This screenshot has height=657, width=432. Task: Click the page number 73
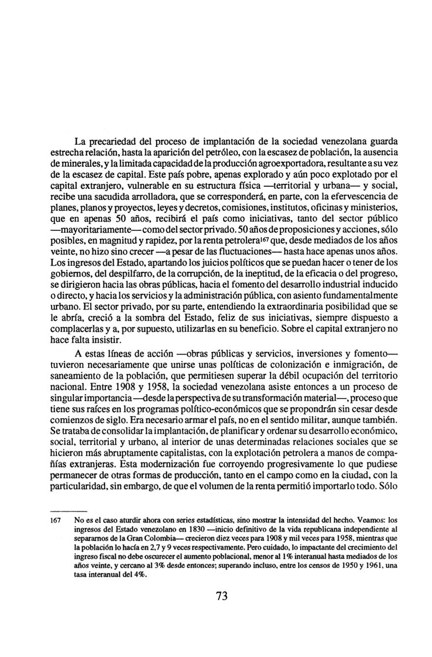[221, 596]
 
